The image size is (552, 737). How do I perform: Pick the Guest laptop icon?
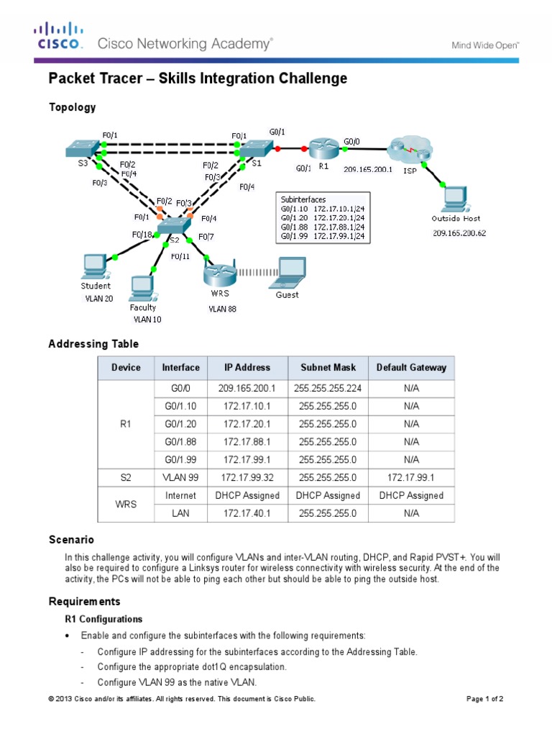pos(287,271)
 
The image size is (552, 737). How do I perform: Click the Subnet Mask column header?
pos(328,367)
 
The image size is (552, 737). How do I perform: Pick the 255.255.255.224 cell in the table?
pos(328,388)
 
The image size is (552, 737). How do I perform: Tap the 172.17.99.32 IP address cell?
pos(247,477)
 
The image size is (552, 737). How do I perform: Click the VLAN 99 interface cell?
pos(180,477)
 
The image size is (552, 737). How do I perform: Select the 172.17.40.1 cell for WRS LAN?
pos(247,513)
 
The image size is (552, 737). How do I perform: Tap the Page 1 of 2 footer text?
pos(484,699)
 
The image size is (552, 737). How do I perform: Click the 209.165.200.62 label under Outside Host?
pos(459,233)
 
